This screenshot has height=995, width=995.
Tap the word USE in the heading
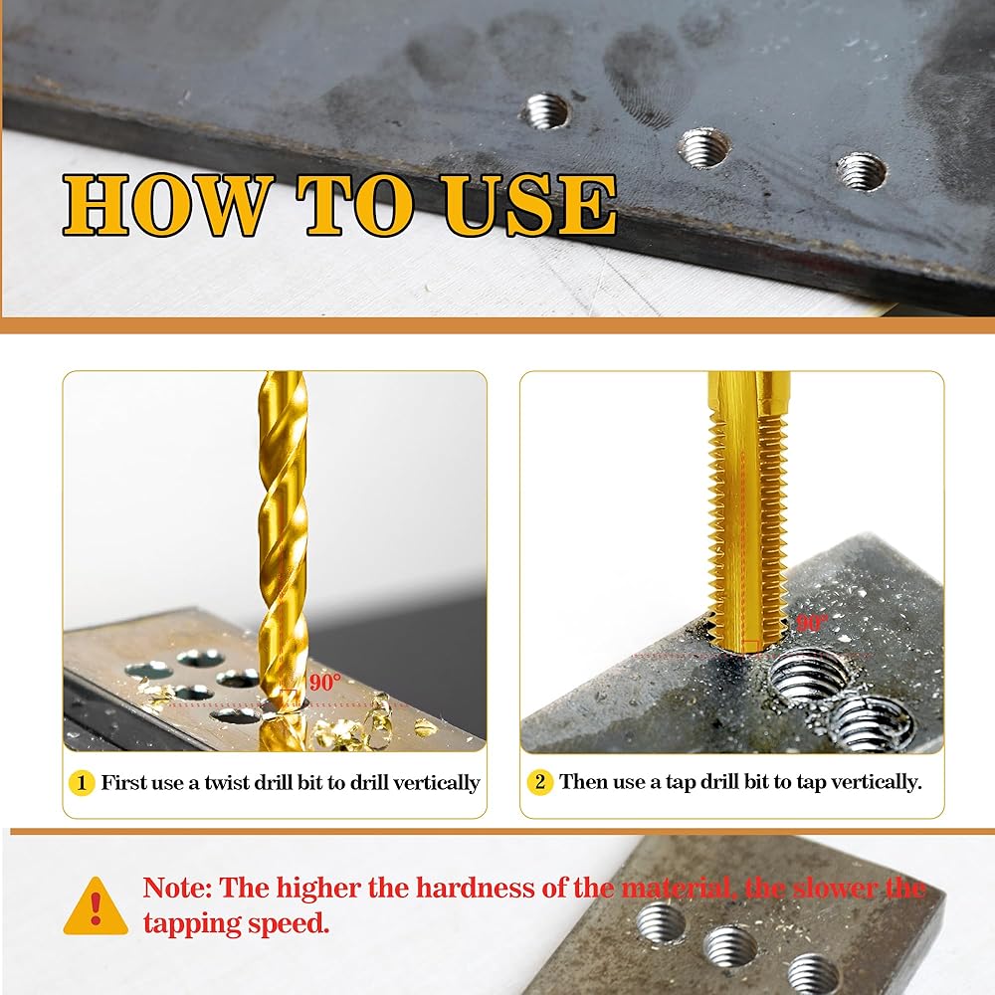529,204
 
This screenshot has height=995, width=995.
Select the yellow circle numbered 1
82,783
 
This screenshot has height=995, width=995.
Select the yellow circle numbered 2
539,782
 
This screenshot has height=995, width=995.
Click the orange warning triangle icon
96,906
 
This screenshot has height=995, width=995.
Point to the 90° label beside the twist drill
325,683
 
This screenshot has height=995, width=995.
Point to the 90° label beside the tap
811,623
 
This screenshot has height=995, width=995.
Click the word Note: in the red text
177,888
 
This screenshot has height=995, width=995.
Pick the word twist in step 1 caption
226,783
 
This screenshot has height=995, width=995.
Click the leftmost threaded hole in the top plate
545,110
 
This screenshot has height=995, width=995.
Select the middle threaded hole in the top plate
703,147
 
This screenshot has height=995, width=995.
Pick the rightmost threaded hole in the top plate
861,171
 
